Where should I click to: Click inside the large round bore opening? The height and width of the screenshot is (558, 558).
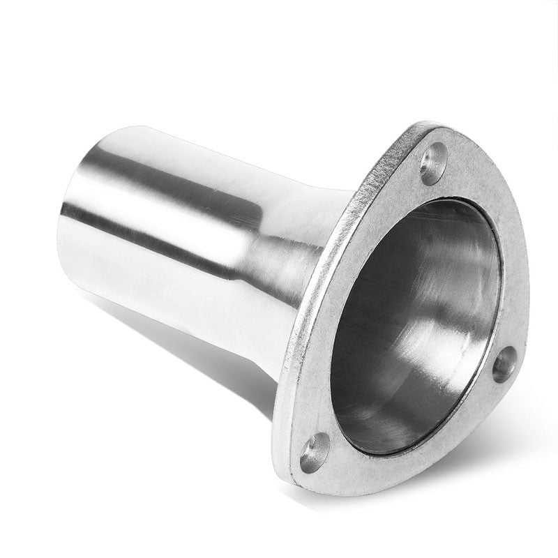(x=412, y=321)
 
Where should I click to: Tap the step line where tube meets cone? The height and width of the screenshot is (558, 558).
(x=244, y=223)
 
